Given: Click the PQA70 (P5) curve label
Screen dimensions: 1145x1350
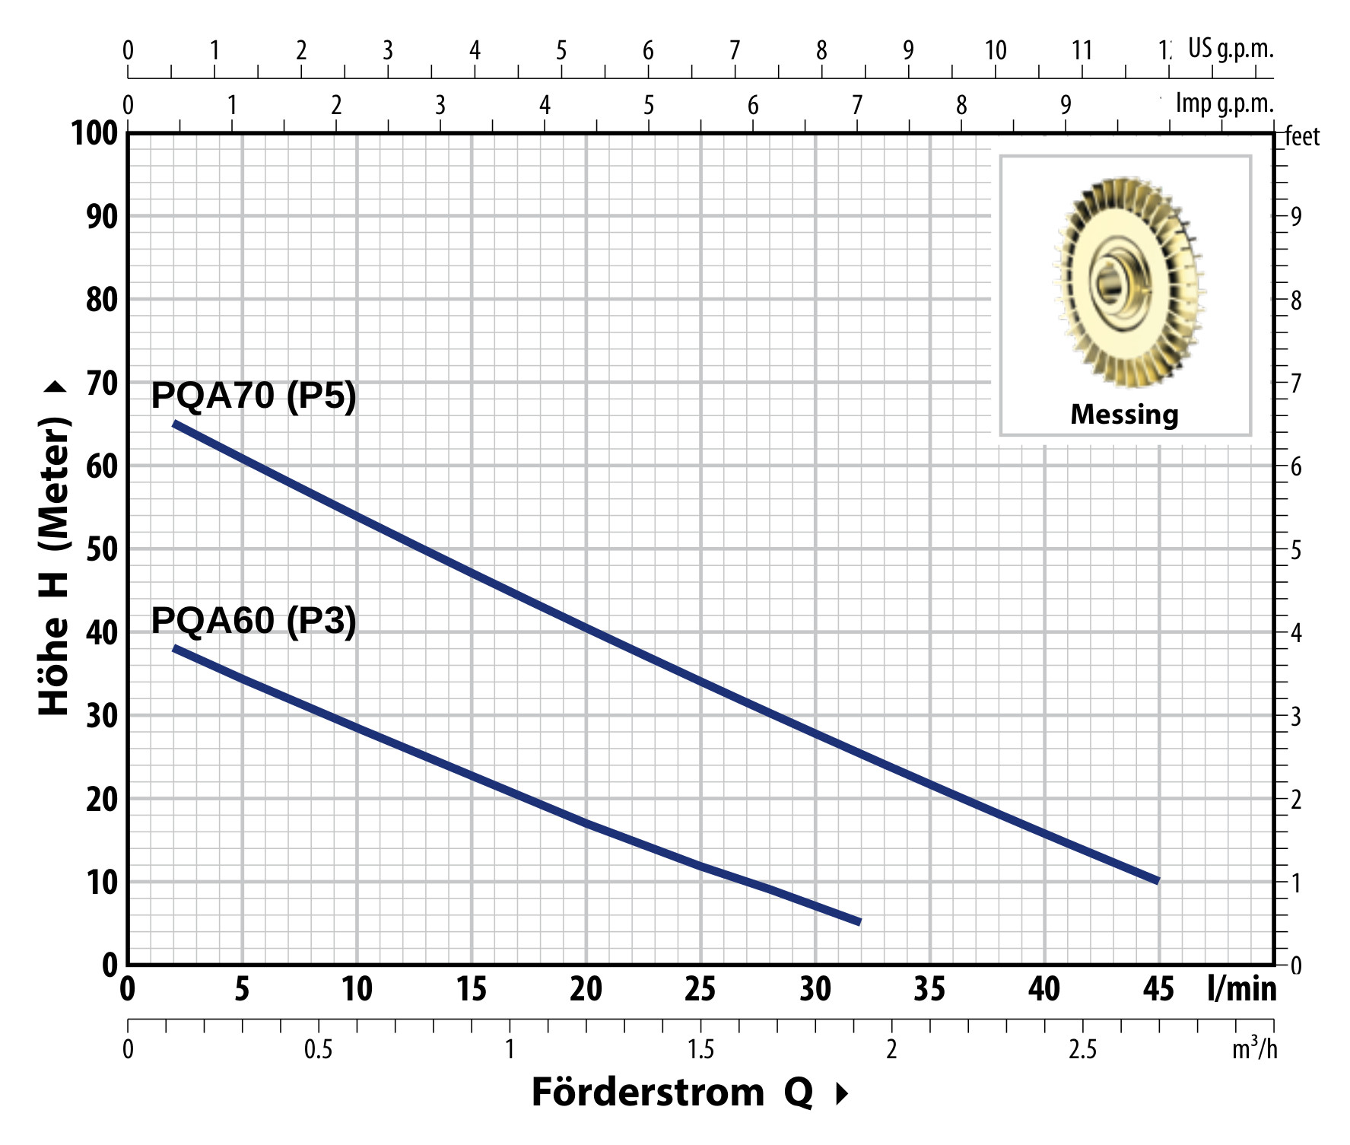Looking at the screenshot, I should pyautogui.click(x=253, y=396).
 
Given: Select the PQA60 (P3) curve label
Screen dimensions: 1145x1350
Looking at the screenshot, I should pyautogui.click(x=253, y=621).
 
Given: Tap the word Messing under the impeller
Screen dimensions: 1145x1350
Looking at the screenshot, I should pyautogui.click(x=1124, y=415).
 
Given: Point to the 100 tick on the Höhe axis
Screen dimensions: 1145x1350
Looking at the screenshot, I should pyautogui.click(x=95, y=134).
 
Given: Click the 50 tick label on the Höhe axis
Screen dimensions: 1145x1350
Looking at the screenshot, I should pyautogui.click(x=102, y=549).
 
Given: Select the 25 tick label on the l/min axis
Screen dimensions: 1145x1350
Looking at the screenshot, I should pyautogui.click(x=700, y=990).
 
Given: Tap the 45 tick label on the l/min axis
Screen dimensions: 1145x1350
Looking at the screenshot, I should pyautogui.click(x=1158, y=990).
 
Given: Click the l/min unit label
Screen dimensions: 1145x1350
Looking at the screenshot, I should pyautogui.click(x=1241, y=989).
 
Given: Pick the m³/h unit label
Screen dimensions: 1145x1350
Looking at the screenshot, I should pyautogui.click(x=1254, y=1048).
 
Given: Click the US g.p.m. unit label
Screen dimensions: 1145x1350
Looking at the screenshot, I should pyautogui.click(x=1231, y=49).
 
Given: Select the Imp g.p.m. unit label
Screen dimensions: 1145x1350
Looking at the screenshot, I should pyautogui.click(x=1225, y=103).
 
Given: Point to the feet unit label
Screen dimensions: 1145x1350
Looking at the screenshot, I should pyautogui.click(x=1302, y=137).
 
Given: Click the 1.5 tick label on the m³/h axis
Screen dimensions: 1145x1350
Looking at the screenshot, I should pyautogui.click(x=700, y=1050).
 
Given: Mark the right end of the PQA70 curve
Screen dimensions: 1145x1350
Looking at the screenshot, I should pyautogui.click(x=1157, y=880).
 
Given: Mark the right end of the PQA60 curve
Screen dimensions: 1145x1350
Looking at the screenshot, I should pyautogui.click(x=859, y=921).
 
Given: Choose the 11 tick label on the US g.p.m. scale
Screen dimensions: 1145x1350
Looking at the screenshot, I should pyautogui.click(x=1082, y=51).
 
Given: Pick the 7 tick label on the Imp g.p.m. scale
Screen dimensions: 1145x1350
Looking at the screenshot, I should pyautogui.click(x=857, y=105).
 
